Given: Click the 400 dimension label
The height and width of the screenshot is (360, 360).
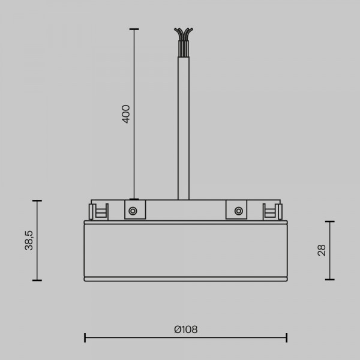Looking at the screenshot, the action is pos(126,114).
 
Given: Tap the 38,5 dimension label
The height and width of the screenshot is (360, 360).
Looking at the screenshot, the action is pos(29,240).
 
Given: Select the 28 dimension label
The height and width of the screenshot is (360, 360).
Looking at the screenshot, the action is pos(322,250).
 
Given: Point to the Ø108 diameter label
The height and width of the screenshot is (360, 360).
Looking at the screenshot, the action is pos(186,329).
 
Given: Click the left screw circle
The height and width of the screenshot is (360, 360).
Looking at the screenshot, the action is pos(133,211).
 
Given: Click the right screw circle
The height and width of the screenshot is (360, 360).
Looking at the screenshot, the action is pos(239,211).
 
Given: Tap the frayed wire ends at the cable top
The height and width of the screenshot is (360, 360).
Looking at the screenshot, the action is pos(184,34).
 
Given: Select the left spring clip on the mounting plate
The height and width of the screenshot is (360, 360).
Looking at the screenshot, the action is pos(98,211).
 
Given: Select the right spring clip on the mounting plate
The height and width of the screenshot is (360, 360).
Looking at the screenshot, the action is pos(272,211).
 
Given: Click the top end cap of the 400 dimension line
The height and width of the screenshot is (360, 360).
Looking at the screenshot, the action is pos(134,29).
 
